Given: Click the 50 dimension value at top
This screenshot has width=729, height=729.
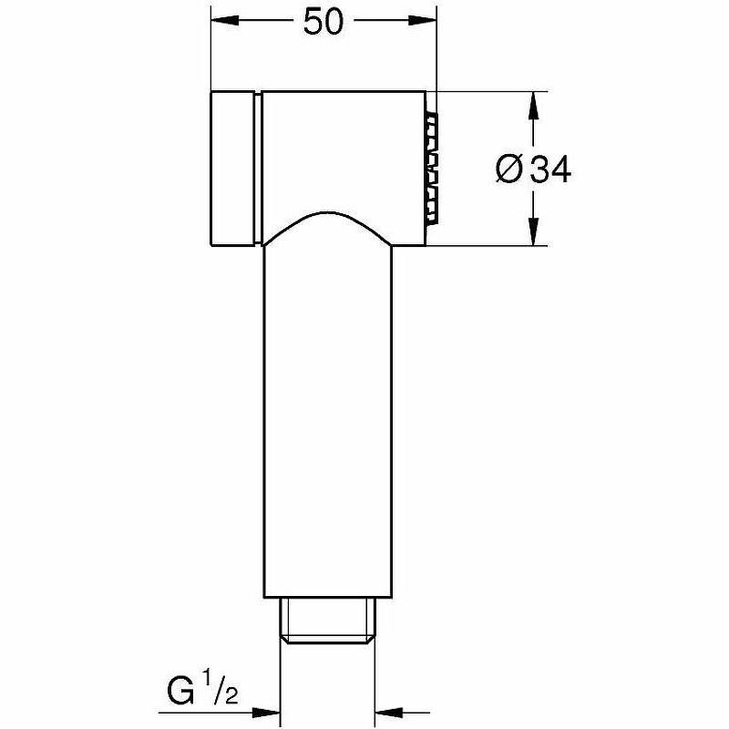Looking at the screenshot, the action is pyautogui.click(x=323, y=22).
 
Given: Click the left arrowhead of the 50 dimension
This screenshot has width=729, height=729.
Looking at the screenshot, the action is pyautogui.click(x=225, y=20).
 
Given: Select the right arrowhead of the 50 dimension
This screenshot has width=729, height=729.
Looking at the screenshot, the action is pyautogui.click(x=423, y=20).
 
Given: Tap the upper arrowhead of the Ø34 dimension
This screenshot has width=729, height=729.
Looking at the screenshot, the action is pyautogui.click(x=534, y=106).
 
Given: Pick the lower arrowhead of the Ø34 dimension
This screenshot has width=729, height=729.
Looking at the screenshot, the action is pyautogui.click(x=534, y=231).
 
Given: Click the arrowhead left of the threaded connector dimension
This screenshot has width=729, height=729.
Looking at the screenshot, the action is pyautogui.click(x=265, y=712).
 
